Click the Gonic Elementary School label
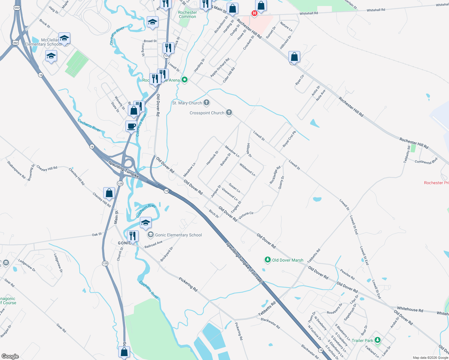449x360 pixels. [x=178, y=235]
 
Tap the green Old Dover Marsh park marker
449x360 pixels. [x=267, y=260]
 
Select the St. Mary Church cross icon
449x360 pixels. [x=206, y=103]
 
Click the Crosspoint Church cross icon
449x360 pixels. [x=229, y=112]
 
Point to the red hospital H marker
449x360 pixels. [x=255, y=13]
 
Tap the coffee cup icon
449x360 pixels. [x=131, y=126]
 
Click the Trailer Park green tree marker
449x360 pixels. [x=378, y=340]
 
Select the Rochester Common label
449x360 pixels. [x=187, y=14]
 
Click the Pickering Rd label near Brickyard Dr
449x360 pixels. [x=188, y=284]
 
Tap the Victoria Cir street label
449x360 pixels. [x=246, y=215]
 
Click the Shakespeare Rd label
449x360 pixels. [x=16, y=170]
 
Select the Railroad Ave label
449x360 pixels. [x=153, y=244]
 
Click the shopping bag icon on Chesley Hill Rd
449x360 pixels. [x=109, y=193]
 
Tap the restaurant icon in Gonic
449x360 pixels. [x=132, y=236]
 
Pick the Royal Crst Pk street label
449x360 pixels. [x=289, y=139]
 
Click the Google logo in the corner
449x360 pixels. [x=10, y=356]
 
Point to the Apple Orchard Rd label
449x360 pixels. [x=220, y=67]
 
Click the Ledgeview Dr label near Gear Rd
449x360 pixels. [x=27, y=265]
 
